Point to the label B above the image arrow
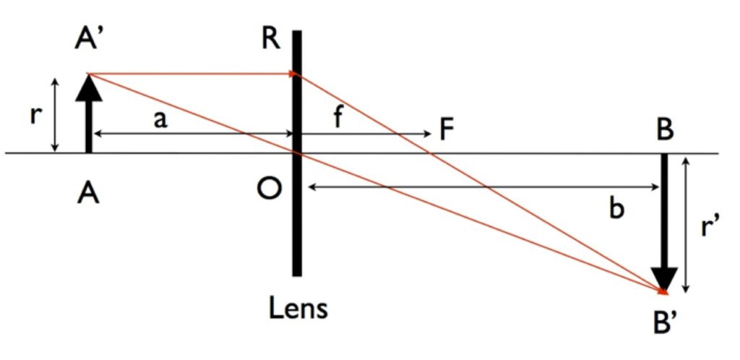tap(665, 132)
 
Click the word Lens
tap(298, 309)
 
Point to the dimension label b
tap(616, 208)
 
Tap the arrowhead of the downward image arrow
tap(663, 278)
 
